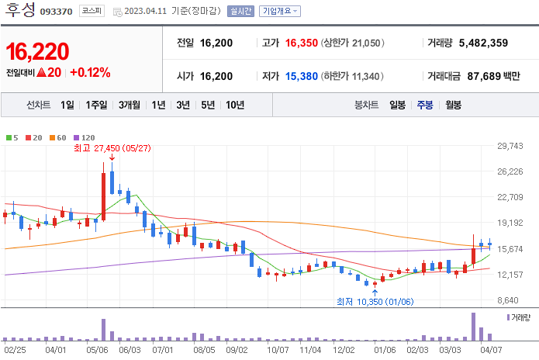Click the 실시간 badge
pos(240,12)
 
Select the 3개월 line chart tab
pos(130,105)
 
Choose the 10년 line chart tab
pos(234,105)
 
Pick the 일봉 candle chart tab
pos(397,105)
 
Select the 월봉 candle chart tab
pos(453,105)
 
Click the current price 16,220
pos(37,52)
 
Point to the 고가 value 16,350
pos(302,43)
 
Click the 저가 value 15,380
pos(302,76)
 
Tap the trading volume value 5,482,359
pos(483,43)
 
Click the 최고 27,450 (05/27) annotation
pos(112,147)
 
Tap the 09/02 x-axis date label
pos(236,350)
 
